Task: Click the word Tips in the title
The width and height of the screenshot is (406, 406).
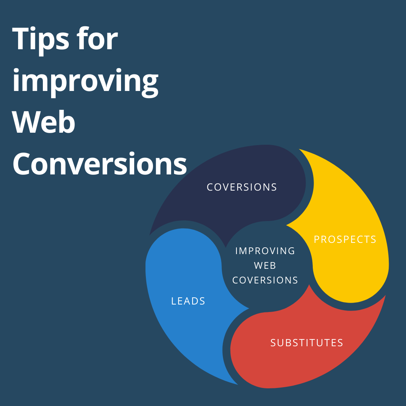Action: (40, 40)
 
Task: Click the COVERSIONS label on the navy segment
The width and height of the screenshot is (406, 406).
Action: (242, 187)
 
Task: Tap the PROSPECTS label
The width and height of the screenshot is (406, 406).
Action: (345, 239)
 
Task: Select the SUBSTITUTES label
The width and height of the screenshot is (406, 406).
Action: (307, 343)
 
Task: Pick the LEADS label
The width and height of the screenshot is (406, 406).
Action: (188, 301)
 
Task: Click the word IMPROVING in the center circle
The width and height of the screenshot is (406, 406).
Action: (265, 251)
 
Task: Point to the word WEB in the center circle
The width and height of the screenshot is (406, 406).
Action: (265, 265)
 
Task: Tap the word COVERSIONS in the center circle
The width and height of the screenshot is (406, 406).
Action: (265, 280)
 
